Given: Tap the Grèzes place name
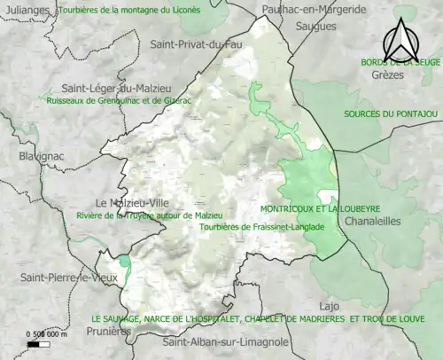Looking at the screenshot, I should (387, 75).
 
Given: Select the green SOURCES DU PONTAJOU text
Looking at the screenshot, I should (391, 114).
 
